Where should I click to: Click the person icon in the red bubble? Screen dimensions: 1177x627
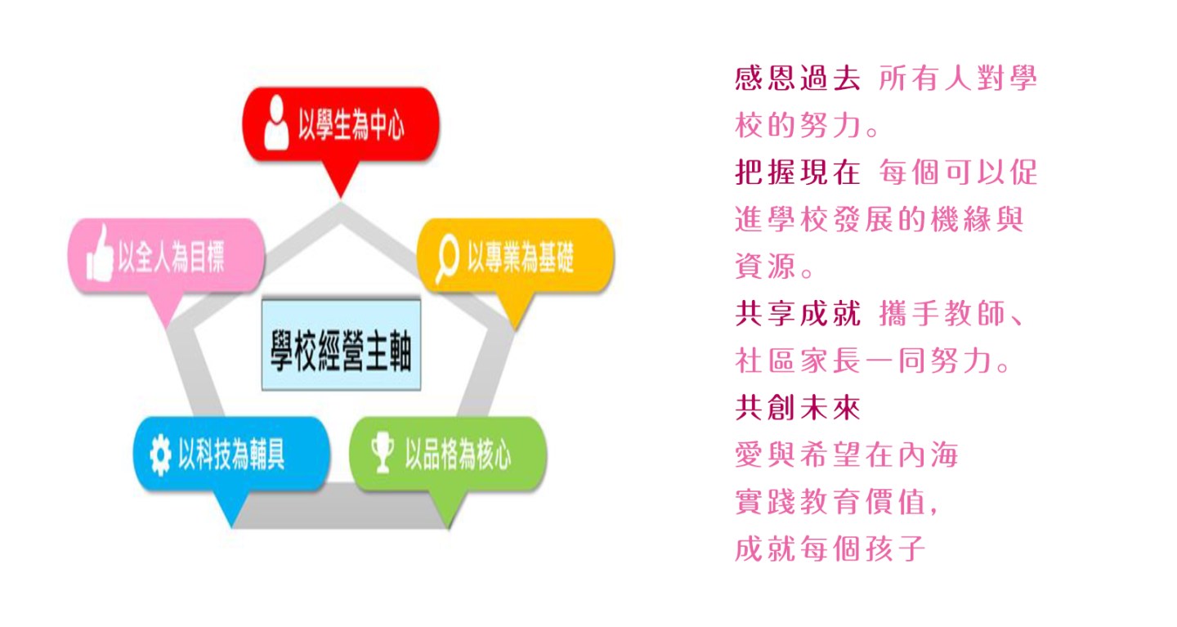[276, 123]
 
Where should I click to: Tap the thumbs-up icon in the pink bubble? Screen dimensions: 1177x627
[101, 254]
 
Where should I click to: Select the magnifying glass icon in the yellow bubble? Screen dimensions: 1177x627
[447, 258]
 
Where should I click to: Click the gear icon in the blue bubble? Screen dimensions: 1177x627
[160, 455]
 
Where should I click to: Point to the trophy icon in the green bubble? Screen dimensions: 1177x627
[383, 452]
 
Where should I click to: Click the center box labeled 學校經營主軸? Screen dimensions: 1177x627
[341, 345]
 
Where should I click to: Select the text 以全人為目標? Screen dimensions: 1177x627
[172, 257]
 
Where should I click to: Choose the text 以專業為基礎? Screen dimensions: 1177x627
[521, 257]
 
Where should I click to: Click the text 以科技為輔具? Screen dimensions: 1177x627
[231, 454]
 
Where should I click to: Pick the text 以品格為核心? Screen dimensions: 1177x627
[458, 454]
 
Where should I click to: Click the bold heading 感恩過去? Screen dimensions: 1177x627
[798, 78]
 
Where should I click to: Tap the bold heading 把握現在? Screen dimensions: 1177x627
[798, 172]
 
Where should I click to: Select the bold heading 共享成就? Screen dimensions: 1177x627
[798, 314]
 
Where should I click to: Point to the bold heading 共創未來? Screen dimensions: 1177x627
[798, 408]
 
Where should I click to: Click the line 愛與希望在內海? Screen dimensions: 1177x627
[847, 455]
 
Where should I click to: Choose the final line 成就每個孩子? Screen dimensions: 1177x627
[830, 549]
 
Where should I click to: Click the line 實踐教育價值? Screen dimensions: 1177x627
[836, 502]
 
